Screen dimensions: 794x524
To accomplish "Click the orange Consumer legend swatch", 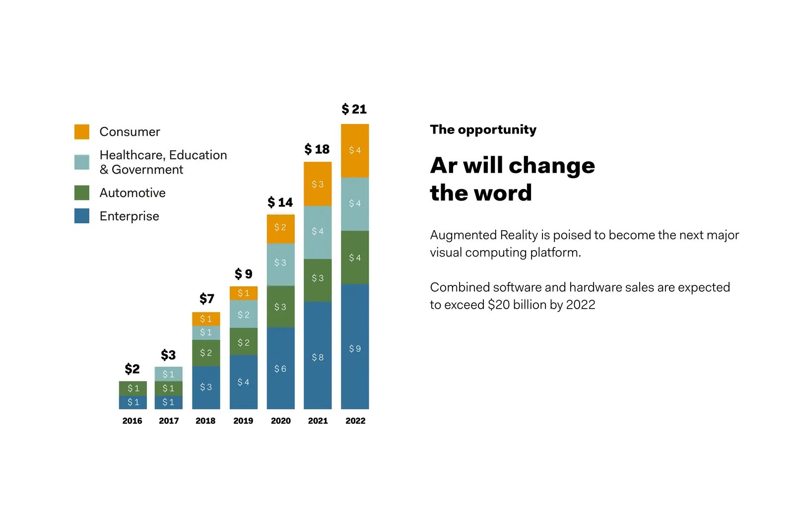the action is click(x=81, y=132).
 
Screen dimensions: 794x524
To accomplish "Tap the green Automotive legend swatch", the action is click(x=81, y=193).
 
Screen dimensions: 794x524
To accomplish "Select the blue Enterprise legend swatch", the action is click(x=81, y=216).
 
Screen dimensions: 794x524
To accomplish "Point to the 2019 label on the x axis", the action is click(x=243, y=421).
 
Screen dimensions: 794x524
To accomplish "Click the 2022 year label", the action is click(x=355, y=421).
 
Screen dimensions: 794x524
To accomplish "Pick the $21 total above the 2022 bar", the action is click(x=354, y=109).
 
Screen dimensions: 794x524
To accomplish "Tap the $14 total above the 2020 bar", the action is click(x=280, y=202).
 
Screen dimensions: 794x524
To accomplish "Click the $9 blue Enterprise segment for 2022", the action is click(x=355, y=346).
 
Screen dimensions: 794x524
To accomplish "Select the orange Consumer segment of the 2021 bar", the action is click(x=318, y=184).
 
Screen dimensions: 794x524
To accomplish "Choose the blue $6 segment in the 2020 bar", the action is click(x=281, y=368).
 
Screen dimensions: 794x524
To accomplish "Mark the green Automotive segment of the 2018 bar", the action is click(x=206, y=353).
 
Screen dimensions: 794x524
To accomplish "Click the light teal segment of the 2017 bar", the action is click(x=168, y=374).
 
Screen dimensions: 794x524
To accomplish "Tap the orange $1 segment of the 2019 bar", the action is click(x=244, y=293).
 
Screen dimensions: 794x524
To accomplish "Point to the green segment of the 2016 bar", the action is click(x=133, y=388).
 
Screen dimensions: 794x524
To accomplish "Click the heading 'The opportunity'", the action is click(x=483, y=130).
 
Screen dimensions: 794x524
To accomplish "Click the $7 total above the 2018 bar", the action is click(x=206, y=299).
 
